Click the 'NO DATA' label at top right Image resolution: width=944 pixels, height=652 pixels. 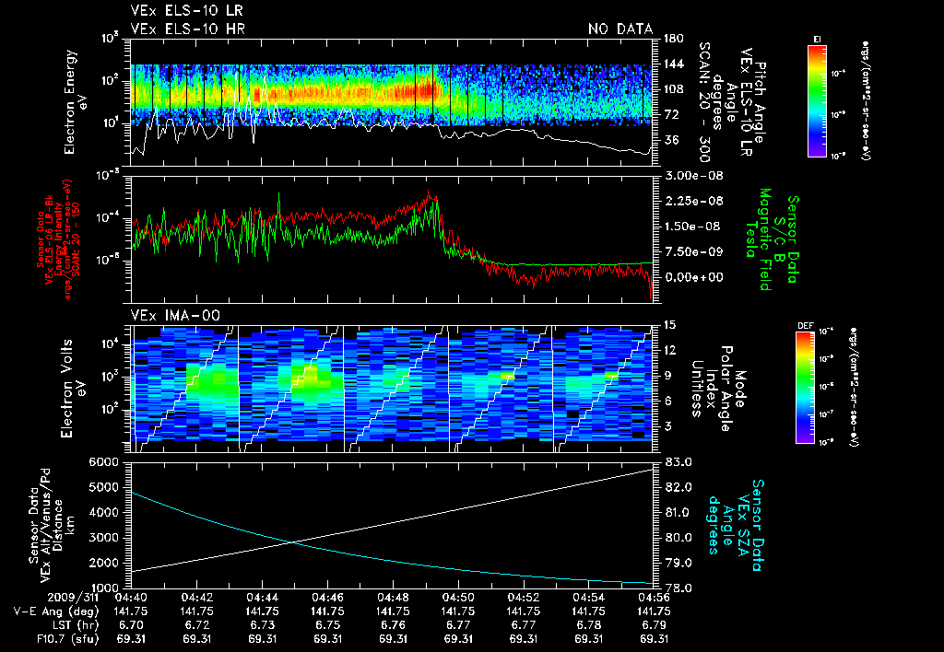(x=620, y=29)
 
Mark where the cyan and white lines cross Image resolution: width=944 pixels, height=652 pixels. (x=294, y=541)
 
